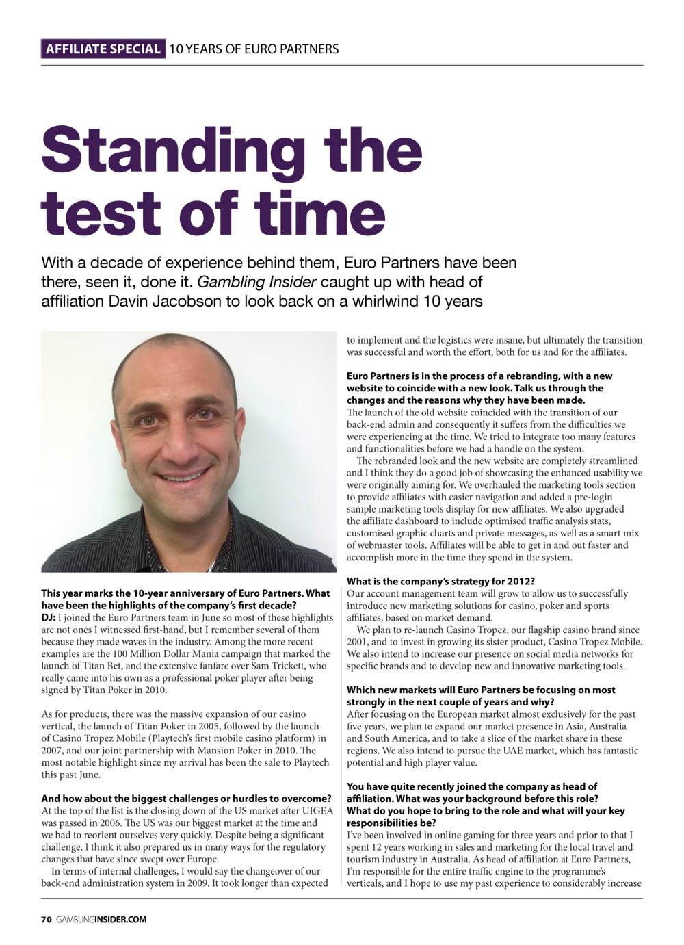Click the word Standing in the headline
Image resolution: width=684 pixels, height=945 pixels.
173,148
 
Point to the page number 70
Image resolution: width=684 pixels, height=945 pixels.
47,919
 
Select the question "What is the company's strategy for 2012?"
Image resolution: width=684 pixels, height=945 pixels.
440,582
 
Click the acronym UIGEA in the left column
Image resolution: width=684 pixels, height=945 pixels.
317,810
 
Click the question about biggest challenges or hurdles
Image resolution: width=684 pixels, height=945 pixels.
186,799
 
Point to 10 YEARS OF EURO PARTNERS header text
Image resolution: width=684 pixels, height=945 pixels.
254,49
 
